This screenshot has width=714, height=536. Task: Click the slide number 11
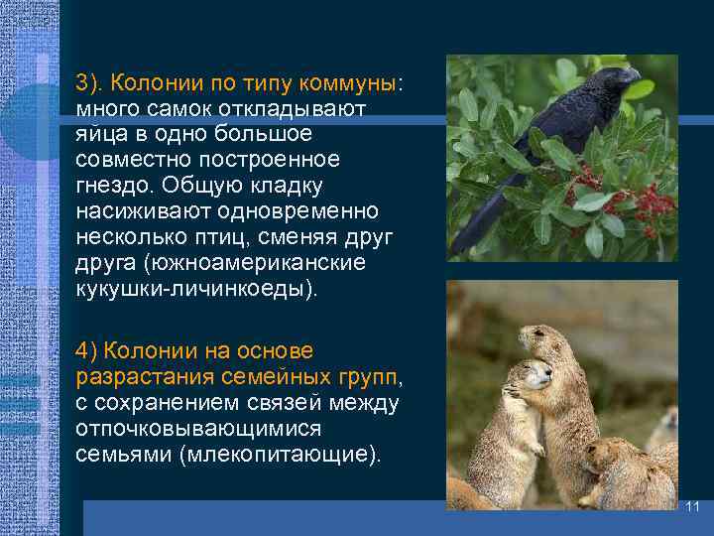coord(692,506)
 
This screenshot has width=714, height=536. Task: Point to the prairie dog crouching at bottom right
coord(625,476)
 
